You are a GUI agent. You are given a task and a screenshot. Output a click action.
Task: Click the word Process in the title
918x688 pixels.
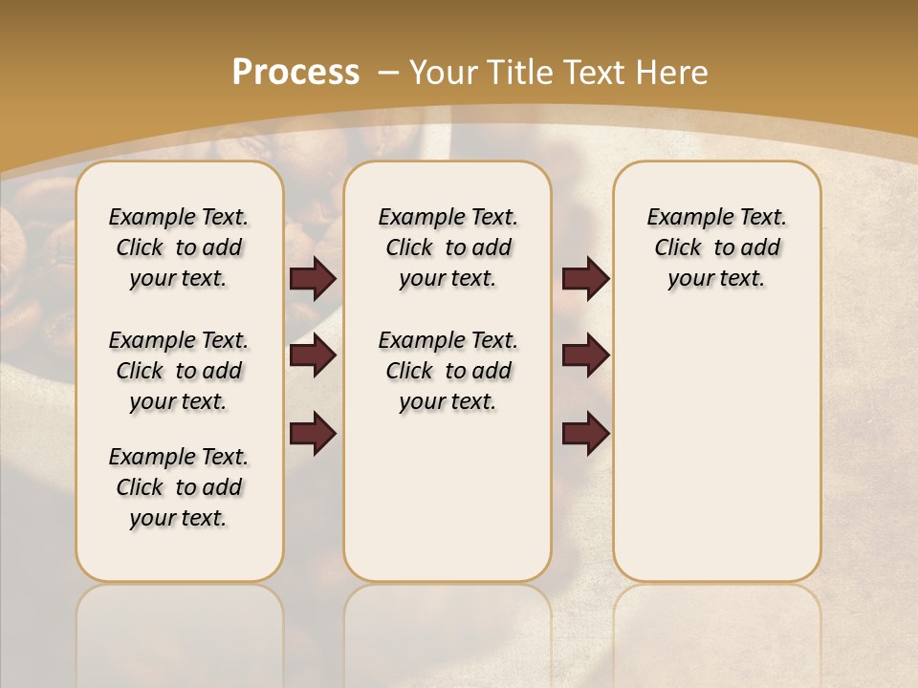coord(295,72)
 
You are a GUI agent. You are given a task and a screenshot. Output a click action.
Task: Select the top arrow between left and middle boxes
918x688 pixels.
coord(314,279)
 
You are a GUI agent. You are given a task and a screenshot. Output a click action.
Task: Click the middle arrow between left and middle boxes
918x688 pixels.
coord(314,356)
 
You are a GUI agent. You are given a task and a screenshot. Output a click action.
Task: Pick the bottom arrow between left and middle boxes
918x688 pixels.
coord(314,433)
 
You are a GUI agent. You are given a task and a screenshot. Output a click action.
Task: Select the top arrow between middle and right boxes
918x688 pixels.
coord(585,279)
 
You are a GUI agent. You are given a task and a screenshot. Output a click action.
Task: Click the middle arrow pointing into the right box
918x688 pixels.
coord(585,356)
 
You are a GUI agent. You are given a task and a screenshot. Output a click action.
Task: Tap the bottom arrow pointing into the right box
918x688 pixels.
coord(585,433)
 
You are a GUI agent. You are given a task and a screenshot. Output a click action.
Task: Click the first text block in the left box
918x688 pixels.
coord(179,247)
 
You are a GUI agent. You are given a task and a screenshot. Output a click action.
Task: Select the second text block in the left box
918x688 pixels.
coord(179,371)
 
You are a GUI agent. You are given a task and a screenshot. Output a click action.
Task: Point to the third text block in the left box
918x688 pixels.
coord(179,487)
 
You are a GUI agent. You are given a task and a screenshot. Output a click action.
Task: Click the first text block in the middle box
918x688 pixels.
coord(448,247)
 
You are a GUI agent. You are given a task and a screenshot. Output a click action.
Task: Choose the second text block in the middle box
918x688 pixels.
coord(448,371)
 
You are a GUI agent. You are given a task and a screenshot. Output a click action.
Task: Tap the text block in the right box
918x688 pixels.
coord(716,247)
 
